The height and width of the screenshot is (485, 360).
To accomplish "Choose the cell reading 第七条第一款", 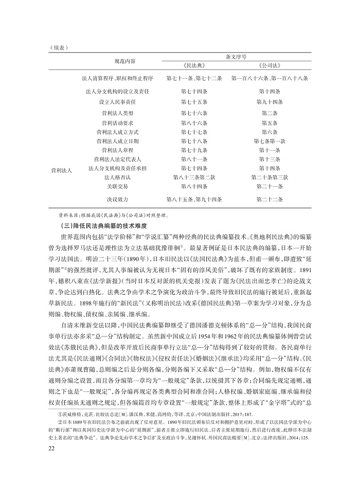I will (x=269, y=140).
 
